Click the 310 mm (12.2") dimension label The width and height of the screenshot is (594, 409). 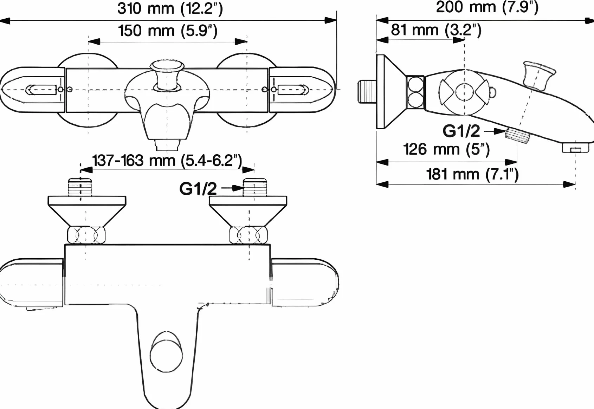(170, 9)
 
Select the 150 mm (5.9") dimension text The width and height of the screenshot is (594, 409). (168, 31)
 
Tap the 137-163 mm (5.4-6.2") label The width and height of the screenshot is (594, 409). (167, 161)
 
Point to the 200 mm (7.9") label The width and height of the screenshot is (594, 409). (487, 7)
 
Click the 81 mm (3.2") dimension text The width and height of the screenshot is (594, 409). (436, 30)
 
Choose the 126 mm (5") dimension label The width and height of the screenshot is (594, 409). (446, 149)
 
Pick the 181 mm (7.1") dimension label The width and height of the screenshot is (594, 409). (472, 174)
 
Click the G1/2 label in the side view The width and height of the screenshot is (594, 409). (461, 131)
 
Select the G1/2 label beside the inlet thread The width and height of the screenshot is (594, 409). (198, 189)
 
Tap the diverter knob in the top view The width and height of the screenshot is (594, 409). (167, 76)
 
